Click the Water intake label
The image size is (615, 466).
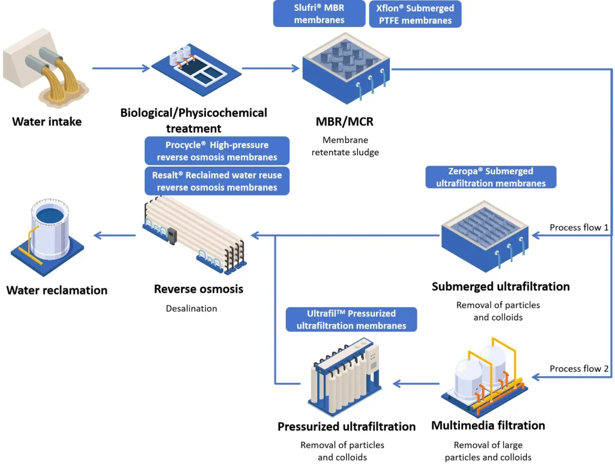pos(47,122)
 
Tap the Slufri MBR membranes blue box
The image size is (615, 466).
pos(319,13)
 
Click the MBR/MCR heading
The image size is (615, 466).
pos(345,122)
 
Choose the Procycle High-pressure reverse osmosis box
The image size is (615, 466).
pos(217,151)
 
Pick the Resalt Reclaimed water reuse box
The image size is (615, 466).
pos(217,181)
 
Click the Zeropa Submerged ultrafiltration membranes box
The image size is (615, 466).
pos(491,177)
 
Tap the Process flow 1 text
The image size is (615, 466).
pos(579,228)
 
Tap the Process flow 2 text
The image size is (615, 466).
pos(579,369)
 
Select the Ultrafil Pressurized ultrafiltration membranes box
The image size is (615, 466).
pos(351,319)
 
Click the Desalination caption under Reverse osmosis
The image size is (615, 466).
pos(192,308)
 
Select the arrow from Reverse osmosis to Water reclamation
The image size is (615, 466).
pos(114,235)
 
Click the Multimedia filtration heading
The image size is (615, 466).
pos(488,426)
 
